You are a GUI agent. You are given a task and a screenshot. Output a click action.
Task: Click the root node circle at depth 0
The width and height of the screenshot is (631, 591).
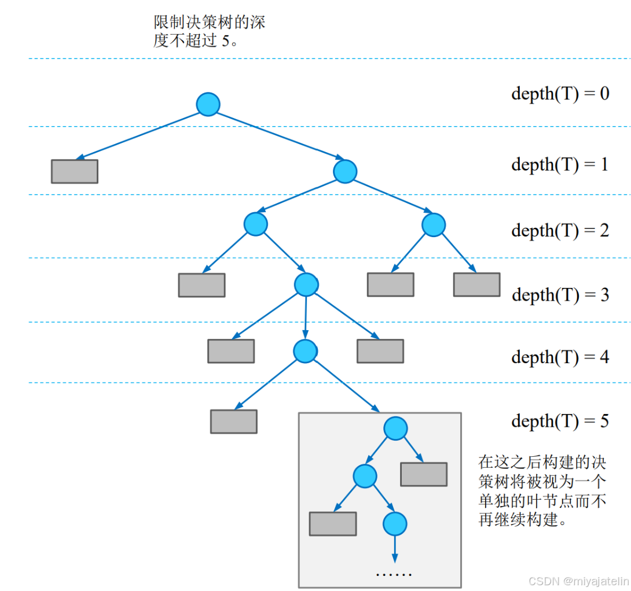click(208, 105)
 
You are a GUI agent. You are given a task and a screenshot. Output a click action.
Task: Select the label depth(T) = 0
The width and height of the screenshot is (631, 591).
click(560, 94)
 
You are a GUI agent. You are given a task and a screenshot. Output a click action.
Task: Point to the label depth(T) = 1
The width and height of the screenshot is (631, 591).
click(560, 165)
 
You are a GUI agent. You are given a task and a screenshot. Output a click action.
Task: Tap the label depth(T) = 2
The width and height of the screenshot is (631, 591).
click(560, 231)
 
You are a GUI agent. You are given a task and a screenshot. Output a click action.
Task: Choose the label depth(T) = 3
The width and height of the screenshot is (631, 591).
click(560, 295)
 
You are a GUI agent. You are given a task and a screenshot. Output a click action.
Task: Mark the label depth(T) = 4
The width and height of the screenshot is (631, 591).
click(560, 357)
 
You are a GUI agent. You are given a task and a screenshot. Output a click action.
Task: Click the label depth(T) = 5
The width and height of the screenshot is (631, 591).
click(560, 421)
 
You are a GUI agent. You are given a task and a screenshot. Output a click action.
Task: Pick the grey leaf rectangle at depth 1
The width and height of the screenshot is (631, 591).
click(75, 171)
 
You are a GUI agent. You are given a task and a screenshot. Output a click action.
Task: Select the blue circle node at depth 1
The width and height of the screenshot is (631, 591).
click(345, 171)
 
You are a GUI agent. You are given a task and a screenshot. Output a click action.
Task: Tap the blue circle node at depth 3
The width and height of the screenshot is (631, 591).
click(306, 285)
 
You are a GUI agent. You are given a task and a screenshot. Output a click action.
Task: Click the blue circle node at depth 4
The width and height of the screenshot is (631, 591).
click(305, 351)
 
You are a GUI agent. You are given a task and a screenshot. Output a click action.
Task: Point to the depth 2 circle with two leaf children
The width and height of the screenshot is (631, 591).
click(434, 225)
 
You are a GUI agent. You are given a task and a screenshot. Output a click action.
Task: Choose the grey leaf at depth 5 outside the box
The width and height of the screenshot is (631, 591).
click(233, 422)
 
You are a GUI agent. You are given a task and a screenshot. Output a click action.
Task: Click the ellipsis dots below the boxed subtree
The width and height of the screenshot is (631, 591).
click(394, 574)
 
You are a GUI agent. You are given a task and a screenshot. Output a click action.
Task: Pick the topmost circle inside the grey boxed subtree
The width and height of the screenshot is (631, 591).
click(395, 429)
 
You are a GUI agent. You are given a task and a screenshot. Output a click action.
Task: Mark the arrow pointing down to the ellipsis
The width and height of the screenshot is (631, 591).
click(395, 548)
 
